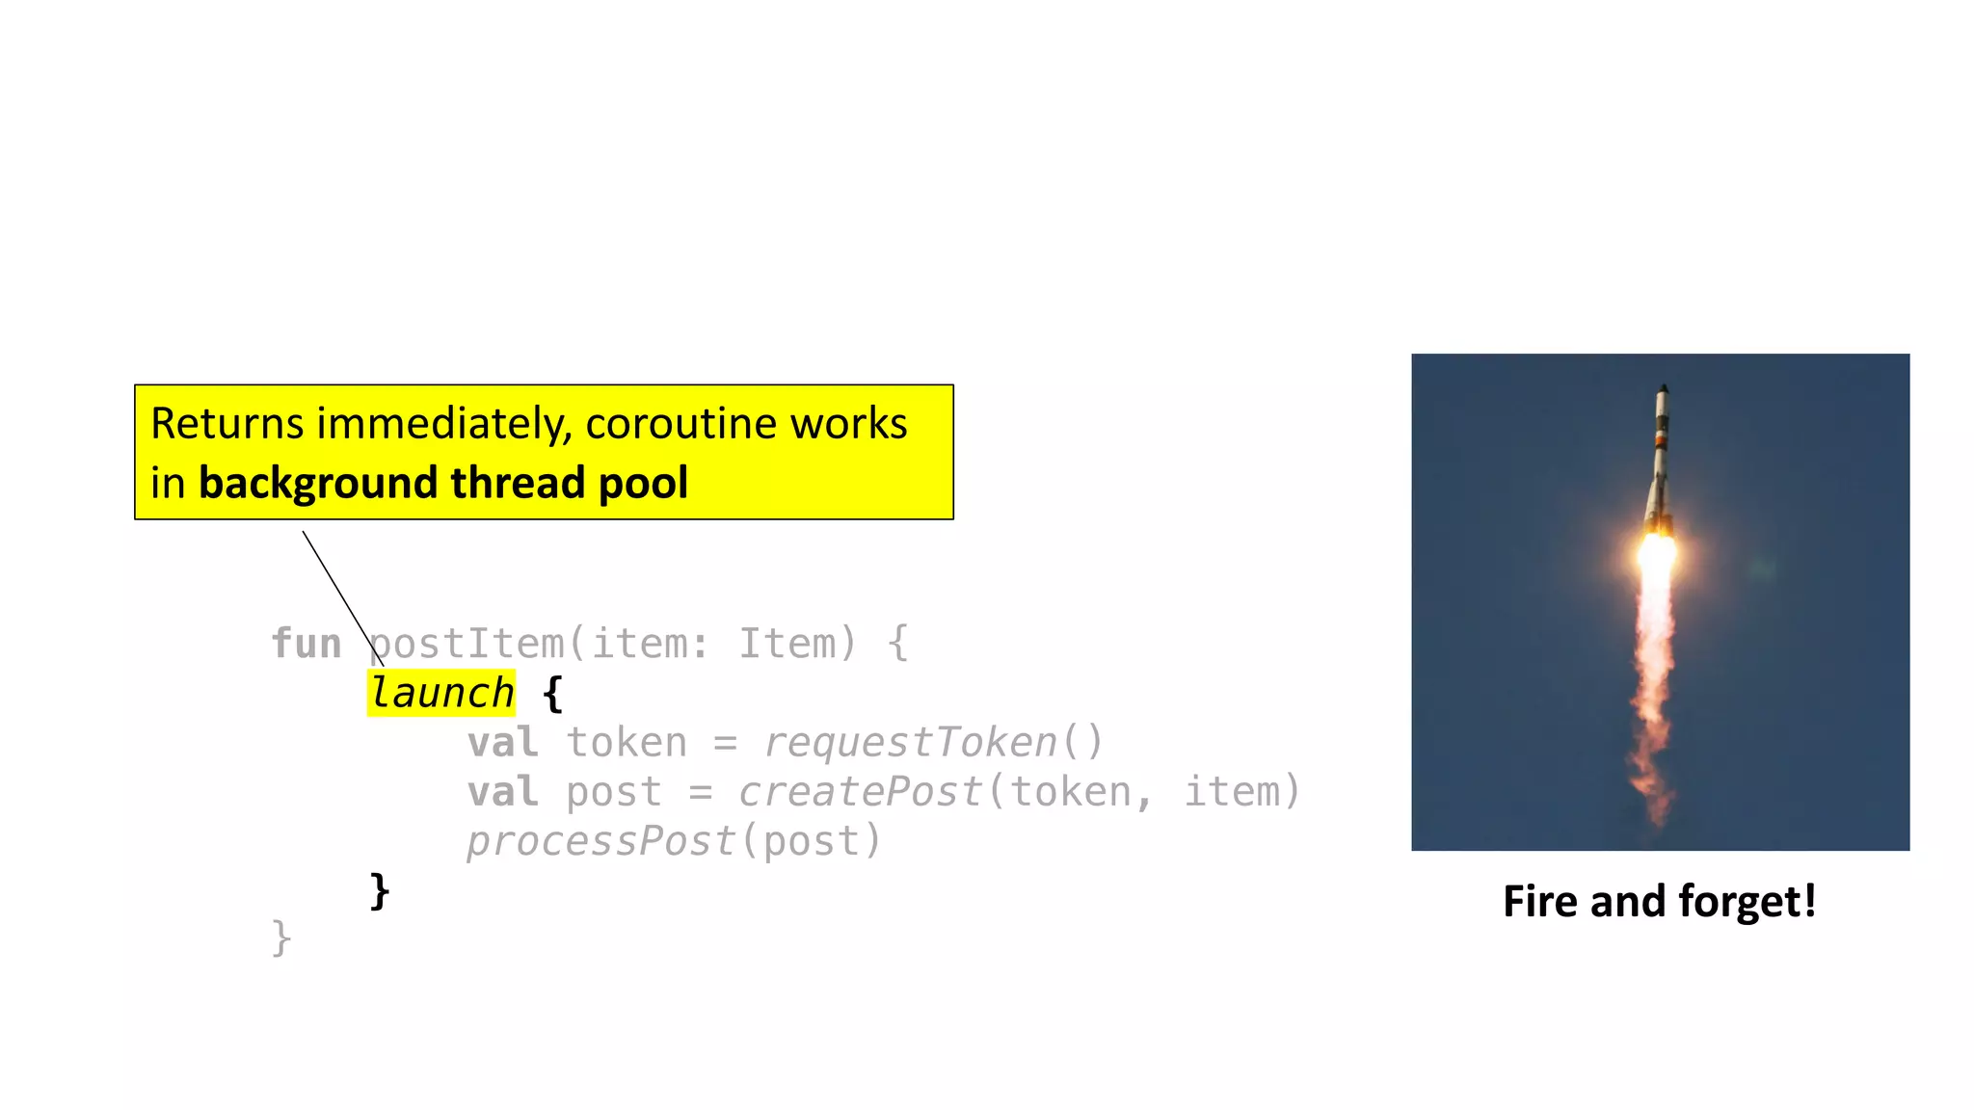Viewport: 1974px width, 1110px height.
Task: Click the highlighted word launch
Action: (x=441, y=693)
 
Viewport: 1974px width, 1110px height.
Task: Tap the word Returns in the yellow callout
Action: (x=227, y=424)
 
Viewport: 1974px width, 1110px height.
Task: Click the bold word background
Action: (x=317, y=483)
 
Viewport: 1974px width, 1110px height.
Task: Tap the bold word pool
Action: (x=643, y=483)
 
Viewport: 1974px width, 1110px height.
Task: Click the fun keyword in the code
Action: (x=307, y=644)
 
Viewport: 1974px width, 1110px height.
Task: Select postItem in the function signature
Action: (x=467, y=644)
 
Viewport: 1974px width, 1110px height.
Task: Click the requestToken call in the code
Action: (x=911, y=743)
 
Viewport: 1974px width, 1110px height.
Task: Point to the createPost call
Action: (x=860, y=792)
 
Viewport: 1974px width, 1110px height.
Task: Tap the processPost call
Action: (x=600, y=842)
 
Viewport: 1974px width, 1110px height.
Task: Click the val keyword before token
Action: (x=502, y=743)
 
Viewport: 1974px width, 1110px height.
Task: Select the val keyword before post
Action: (x=502, y=792)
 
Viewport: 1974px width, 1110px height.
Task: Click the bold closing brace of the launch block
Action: (x=380, y=890)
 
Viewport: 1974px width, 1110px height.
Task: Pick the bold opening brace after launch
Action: (x=552, y=694)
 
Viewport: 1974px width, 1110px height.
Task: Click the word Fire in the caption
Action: (x=1540, y=902)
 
